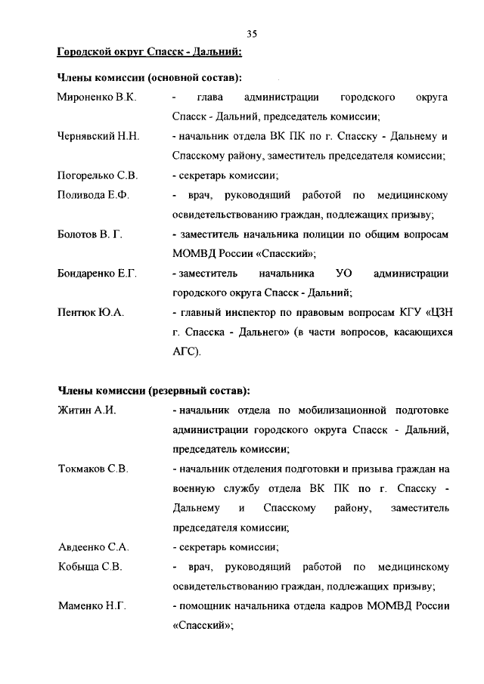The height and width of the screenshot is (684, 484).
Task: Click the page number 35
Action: pos(252,33)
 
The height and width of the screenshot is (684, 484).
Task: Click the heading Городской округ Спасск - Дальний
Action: pos(150,52)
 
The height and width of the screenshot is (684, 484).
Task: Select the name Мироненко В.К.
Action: pos(96,98)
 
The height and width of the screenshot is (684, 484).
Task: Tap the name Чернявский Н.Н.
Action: pos(99,137)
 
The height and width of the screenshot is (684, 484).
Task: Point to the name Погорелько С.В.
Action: pos(98,176)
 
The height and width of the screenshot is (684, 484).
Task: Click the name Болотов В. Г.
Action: pos(90,234)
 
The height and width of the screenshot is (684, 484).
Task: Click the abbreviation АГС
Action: pos(186,351)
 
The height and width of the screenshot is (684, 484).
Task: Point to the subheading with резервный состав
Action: pos(154,391)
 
